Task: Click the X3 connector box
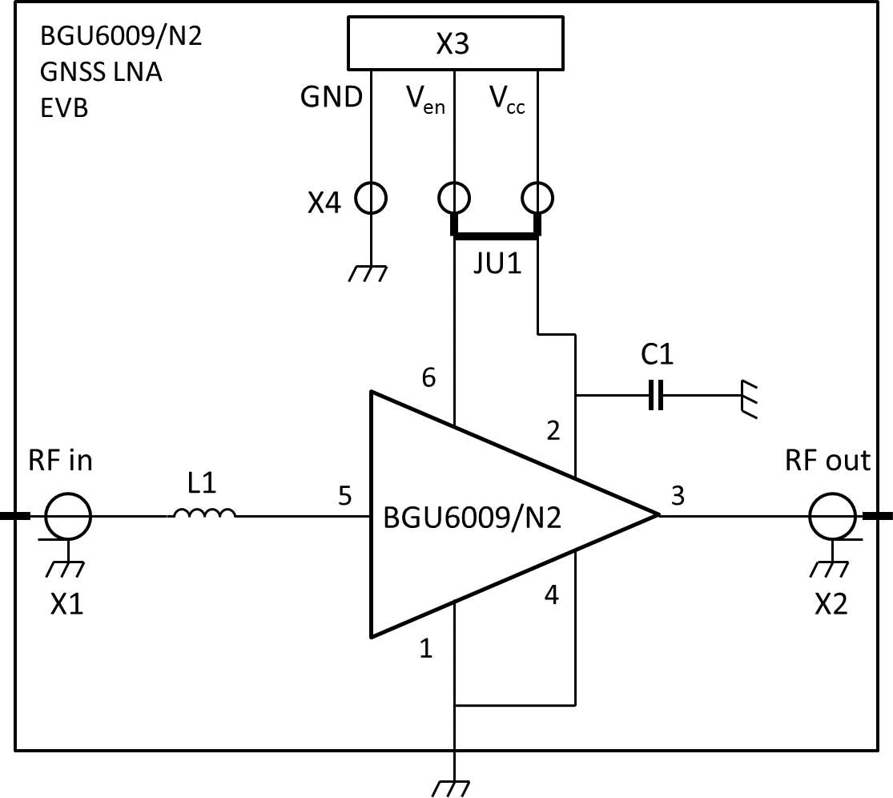pyautogui.click(x=453, y=44)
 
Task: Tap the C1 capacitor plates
pyautogui.click(x=656, y=395)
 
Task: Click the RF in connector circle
pyautogui.click(x=68, y=516)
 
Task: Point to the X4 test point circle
pyautogui.click(x=370, y=197)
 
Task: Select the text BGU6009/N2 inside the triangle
pyautogui.click(x=472, y=518)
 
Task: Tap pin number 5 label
pyautogui.click(x=345, y=497)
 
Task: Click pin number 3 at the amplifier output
pyautogui.click(x=678, y=497)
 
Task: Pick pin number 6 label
pyautogui.click(x=429, y=377)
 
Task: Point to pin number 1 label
pyautogui.click(x=426, y=648)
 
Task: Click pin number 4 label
pyautogui.click(x=552, y=595)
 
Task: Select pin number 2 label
pyautogui.click(x=553, y=431)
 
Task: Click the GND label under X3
pyautogui.click(x=331, y=98)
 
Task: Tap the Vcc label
pyautogui.click(x=507, y=99)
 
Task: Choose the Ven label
pyautogui.click(x=424, y=99)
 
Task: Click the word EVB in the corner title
pyautogui.click(x=64, y=108)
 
